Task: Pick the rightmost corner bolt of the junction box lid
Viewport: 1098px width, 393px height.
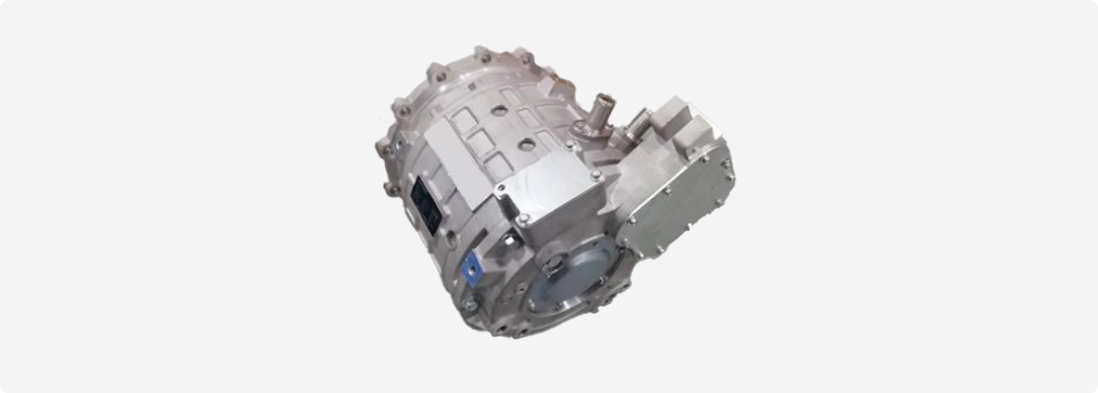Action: pos(596,176)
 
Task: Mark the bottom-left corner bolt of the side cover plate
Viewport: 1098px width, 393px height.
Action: pos(632,220)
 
